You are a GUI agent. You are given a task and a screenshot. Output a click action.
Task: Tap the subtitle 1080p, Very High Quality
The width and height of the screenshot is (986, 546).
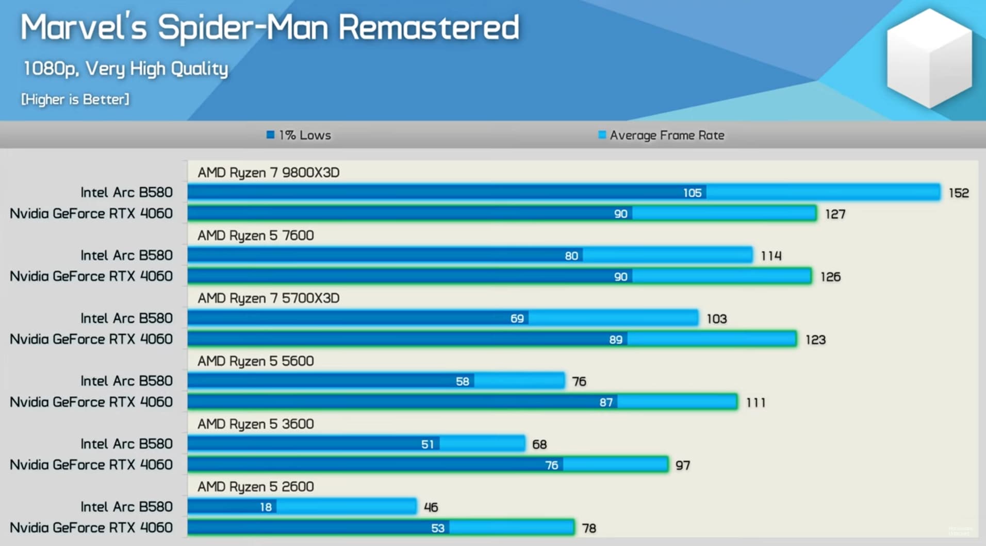[126, 69]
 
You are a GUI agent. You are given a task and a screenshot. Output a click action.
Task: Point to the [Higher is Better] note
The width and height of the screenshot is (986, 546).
[75, 99]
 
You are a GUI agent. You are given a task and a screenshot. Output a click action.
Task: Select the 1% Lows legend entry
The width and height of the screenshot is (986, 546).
[299, 135]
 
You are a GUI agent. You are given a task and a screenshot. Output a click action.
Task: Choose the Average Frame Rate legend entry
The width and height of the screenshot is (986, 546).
[661, 135]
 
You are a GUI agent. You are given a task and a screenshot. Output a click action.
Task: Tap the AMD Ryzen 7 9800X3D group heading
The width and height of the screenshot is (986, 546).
[268, 173]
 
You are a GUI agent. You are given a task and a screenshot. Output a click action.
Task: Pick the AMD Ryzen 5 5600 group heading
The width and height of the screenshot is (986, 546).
[255, 361]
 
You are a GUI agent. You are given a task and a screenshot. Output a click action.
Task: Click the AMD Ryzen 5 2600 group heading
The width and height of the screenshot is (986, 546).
[255, 487]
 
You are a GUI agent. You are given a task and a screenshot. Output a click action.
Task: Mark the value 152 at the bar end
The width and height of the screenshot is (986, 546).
[959, 193]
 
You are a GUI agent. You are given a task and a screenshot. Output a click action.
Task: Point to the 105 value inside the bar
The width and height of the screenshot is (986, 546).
[692, 193]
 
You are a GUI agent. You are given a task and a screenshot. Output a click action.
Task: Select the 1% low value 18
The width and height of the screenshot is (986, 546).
[266, 507]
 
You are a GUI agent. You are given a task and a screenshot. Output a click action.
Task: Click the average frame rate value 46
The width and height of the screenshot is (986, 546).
[431, 507]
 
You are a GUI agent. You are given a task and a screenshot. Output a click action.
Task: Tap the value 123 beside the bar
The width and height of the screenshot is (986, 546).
[815, 340]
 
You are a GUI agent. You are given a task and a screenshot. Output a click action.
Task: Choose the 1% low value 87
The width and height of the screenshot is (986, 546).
[606, 402]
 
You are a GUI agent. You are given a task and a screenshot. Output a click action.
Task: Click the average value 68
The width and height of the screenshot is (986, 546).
[539, 445]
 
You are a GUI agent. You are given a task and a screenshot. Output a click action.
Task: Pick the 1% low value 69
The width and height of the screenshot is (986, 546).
[517, 319]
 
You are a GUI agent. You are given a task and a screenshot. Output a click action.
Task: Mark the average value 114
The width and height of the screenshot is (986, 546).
[771, 256]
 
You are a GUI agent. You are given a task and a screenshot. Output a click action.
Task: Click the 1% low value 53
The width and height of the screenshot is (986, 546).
[437, 528]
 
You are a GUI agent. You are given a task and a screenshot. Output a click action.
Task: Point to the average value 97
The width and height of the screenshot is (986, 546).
[683, 466]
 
